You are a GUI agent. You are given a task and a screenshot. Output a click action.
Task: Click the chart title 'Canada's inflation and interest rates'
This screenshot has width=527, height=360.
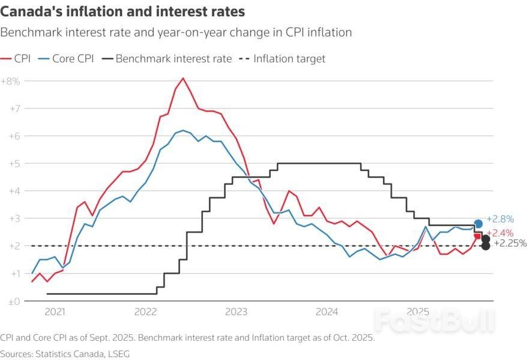(122, 12)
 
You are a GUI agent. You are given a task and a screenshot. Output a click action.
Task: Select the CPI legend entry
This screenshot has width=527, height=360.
(16, 59)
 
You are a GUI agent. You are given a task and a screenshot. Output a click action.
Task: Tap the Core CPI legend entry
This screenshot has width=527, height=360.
(63, 59)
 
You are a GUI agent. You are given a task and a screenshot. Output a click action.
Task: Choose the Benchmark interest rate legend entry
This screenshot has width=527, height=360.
(166, 59)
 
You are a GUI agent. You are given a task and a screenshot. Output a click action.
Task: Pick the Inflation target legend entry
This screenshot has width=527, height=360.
(282, 59)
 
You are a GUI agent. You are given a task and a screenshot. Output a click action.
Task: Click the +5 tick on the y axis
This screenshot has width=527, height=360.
(14, 163)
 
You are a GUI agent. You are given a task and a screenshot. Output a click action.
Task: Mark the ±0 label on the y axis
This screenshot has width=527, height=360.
(14, 301)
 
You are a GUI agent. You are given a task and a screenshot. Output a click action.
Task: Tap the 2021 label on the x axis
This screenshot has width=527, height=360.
(55, 312)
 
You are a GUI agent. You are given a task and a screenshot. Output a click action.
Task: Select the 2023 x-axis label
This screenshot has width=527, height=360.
(236, 312)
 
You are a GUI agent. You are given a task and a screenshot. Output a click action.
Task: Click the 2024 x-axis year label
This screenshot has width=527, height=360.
(327, 312)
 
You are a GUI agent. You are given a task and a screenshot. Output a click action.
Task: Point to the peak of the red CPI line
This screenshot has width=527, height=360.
(183, 78)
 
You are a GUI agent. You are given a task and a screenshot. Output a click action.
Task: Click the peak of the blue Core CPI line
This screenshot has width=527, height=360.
(183, 130)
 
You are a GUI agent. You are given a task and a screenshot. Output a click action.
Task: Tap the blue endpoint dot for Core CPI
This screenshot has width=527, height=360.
(478, 224)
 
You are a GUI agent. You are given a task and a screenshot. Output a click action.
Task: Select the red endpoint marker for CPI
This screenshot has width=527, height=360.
(478, 236)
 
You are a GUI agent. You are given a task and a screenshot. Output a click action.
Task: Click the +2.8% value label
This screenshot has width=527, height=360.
(500, 219)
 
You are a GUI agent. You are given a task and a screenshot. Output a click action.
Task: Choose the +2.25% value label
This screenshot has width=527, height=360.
(510, 243)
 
